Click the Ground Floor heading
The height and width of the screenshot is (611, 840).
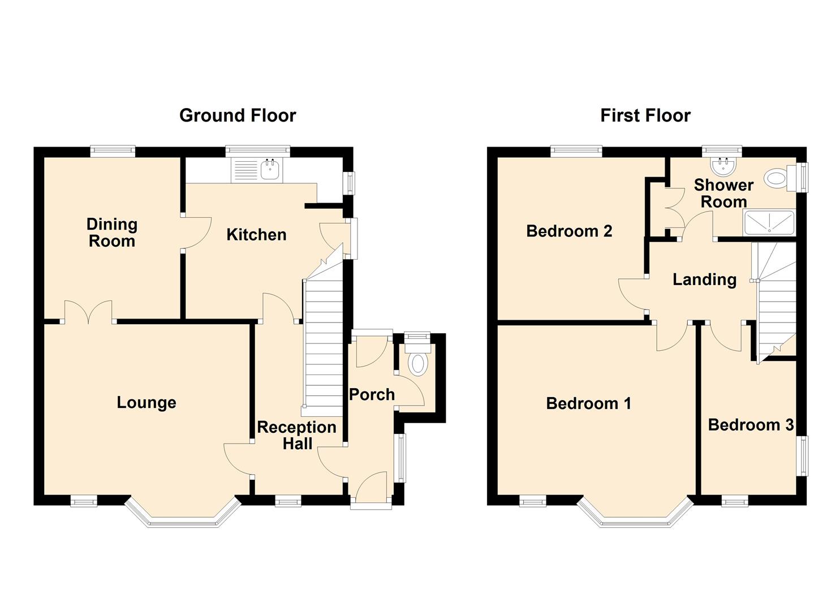click(238, 115)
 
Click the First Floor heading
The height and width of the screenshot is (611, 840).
click(645, 115)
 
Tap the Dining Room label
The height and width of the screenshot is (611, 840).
click(112, 233)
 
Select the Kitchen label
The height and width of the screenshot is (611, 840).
click(256, 235)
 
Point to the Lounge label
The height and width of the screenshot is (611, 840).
click(147, 402)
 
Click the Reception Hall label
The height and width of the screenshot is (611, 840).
click(296, 435)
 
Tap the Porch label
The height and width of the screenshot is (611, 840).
click(372, 394)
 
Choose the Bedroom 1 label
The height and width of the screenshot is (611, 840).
click(588, 403)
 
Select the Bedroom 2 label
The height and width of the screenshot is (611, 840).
click(569, 231)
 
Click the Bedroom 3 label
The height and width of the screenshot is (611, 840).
click(751, 425)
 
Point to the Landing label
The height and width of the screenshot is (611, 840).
click(705, 280)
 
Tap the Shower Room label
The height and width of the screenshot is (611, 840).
click(723, 193)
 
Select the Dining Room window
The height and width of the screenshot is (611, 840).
click(113, 152)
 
